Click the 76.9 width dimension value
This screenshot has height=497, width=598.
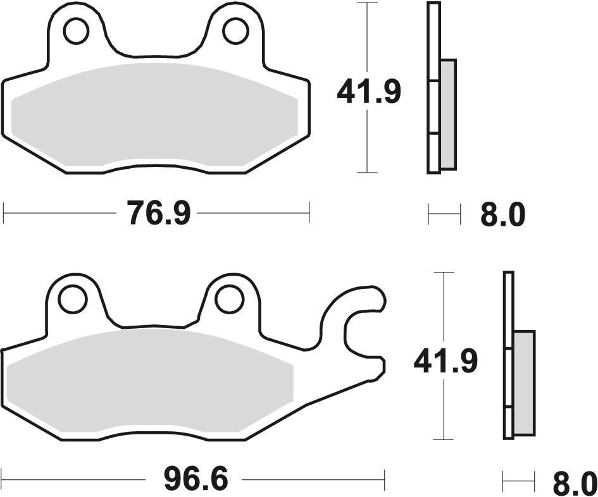pos(158,213)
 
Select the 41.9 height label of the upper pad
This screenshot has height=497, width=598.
pos(368,93)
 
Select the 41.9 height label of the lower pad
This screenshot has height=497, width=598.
pos(445,361)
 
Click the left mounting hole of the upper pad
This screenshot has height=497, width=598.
pos(76,31)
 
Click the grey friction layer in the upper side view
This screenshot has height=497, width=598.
pos(447,114)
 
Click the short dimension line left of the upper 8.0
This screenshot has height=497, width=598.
pos(444,214)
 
